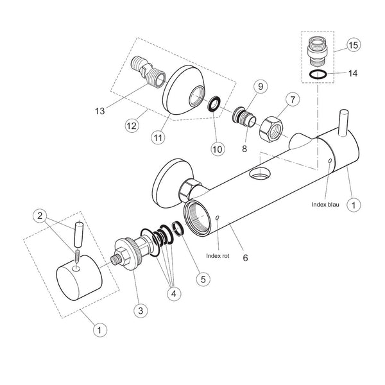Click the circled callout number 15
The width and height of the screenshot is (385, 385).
pyautogui.click(x=354, y=45)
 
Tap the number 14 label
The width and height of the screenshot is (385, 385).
pyautogui.click(x=352, y=73)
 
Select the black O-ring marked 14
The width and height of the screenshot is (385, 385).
pyautogui.click(x=318, y=74)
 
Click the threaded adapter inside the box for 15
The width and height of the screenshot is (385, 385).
pyautogui.click(x=317, y=51)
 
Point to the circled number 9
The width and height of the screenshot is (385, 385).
pyautogui.click(x=261, y=86)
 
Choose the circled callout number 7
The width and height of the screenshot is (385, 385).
pyautogui.click(x=293, y=99)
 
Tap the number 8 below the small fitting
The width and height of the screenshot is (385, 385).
pyautogui.click(x=244, y=149)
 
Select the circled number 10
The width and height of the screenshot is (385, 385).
pyautogui.click(x=218, y=149)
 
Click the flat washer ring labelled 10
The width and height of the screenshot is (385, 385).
pyautogui.click(x=214, y=104)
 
